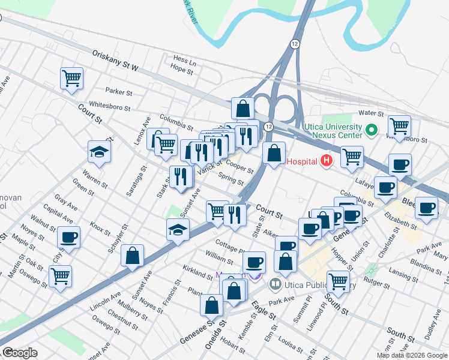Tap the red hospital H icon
tap(327, 161)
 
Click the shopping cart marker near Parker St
tap(71, 78)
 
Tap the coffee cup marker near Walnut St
tap(69, 237)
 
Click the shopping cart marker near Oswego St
tap(60, 277)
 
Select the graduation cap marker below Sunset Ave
tap(178, 230)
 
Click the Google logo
tap(20, 353)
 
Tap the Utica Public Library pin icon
tap(276, 283)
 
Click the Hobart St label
tap(229, 342)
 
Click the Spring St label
tap(231, 179)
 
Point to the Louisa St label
tap(291, 346)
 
